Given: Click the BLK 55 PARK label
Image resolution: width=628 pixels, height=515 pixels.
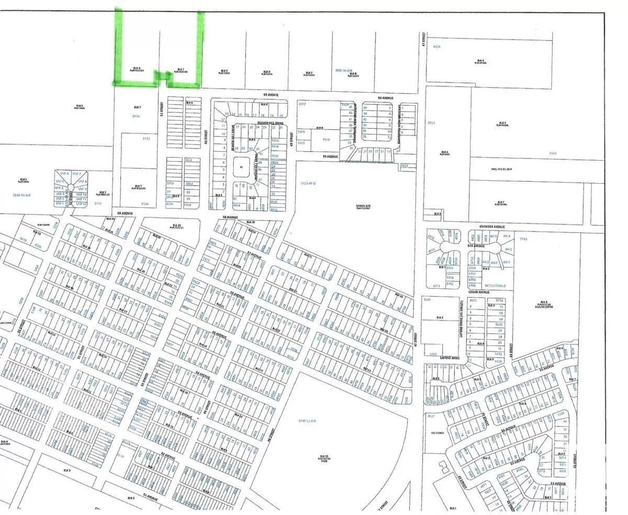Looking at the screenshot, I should click(x=324, y=458).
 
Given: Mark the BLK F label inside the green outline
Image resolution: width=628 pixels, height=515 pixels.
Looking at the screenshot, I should click(x=181, y=70).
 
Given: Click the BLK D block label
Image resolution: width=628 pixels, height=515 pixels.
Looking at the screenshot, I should click(x=267, y=72).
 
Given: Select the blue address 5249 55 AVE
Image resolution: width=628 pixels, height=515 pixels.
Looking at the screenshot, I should click(x=24, y=195).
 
